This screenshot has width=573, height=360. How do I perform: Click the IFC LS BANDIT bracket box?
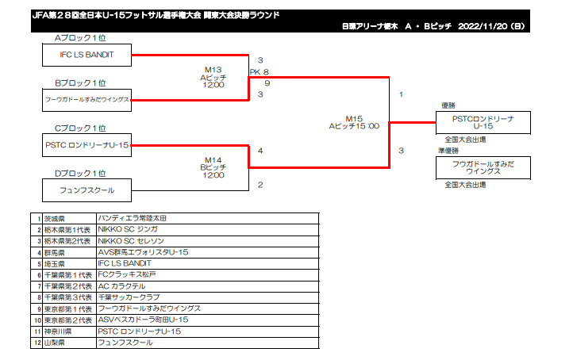tap(87, 56)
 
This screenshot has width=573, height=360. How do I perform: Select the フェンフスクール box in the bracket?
tap(87, 190)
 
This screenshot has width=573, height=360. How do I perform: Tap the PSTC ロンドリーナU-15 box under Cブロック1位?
tap(87, 145)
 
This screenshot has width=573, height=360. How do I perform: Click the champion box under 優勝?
tap(483, 123)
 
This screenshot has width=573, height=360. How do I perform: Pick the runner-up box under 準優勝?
tap(483, 168)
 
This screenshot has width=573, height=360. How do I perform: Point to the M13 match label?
tap(213, 70)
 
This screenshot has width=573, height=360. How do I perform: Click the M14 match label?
tap(213, 160)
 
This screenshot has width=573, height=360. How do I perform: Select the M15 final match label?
tap(354, 119)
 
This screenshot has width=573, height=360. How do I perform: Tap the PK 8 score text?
tap(260, 72)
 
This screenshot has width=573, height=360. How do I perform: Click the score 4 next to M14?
tap(260, 151)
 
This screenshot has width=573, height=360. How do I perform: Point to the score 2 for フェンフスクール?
tap(260, 185)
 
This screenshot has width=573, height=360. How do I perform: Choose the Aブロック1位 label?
tap(80, 38)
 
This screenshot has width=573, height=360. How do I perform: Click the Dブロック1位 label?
tap(80, 174)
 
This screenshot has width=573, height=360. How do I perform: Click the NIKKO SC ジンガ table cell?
tap(208, 230)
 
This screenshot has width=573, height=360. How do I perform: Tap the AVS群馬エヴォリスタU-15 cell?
tap(208, 252)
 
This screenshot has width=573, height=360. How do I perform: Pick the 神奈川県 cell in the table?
tap(69, 331)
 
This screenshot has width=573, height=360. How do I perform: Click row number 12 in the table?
tap(37, 343)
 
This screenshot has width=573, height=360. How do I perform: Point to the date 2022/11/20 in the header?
tap(483, 26)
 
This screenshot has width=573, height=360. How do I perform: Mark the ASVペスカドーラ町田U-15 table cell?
tap(208, 320)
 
